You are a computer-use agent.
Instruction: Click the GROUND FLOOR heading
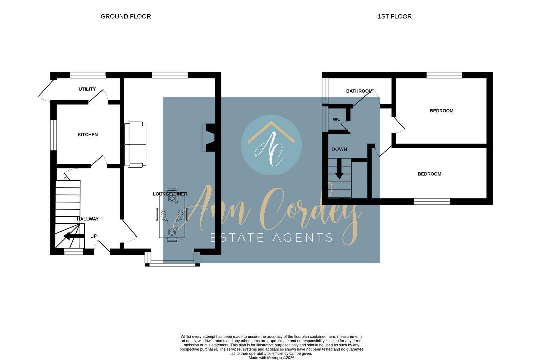126,16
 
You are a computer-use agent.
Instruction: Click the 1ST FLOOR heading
394,16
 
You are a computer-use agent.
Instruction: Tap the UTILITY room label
87,89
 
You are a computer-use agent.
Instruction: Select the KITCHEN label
88,135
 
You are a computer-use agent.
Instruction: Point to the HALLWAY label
88,219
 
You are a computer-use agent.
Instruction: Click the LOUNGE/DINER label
170,194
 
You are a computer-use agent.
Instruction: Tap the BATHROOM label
359,91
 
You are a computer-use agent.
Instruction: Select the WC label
336,119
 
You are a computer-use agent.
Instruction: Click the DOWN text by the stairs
339,149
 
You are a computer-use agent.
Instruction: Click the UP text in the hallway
93,236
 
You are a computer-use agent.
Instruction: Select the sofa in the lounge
135,144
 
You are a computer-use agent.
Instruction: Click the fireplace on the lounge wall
209,138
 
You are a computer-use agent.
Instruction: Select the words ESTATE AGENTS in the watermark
271,238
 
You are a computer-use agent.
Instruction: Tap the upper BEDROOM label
441,111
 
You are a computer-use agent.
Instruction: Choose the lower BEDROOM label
429,174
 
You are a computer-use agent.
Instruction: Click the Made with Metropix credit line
271,358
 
